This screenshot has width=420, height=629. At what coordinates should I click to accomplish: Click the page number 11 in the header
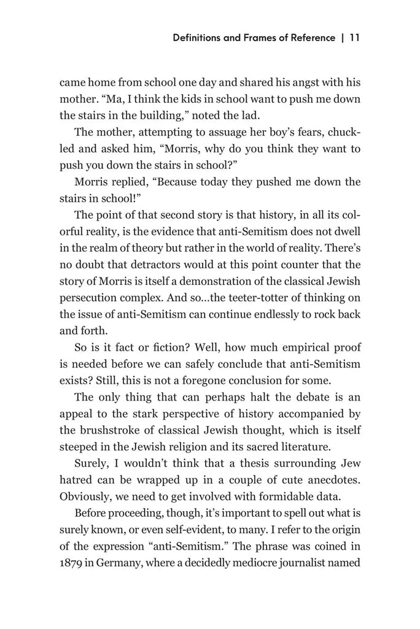(354, 37)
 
